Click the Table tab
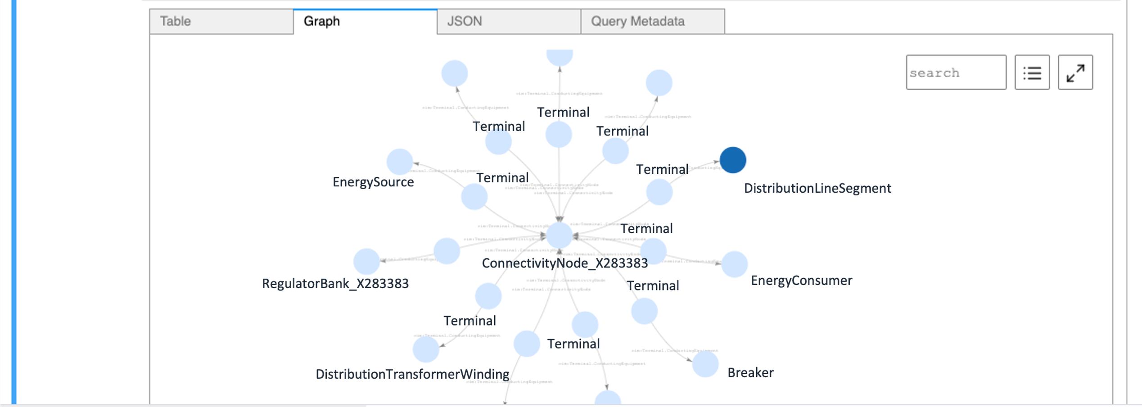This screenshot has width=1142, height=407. (221, 21)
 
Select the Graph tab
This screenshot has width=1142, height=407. (365, 21)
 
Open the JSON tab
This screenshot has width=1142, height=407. (509, 21)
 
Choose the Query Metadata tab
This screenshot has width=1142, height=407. (652, 21)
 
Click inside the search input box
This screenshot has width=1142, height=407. (956, 72)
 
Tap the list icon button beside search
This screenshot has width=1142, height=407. (1032, 72)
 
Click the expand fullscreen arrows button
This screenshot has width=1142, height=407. (1075, 72)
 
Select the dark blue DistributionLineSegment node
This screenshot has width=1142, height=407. (732, 160)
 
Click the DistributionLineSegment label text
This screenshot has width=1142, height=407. (817, 188)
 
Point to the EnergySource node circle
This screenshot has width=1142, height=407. (399, 162)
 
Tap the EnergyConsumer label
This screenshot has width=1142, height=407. (801, 280)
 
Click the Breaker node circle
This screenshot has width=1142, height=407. (705, 364)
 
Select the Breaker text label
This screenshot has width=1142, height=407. (750, 373)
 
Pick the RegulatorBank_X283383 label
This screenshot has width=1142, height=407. (335, 284)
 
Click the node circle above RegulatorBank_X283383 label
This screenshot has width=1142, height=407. (366, 261)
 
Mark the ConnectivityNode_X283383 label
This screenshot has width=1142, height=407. (564, 263)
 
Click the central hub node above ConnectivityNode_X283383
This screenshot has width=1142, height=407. (559, 235)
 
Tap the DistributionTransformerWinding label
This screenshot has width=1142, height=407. (412, 374)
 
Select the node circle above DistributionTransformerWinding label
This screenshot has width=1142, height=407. (426, 349)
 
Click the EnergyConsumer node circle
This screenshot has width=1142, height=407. (734, 264)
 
